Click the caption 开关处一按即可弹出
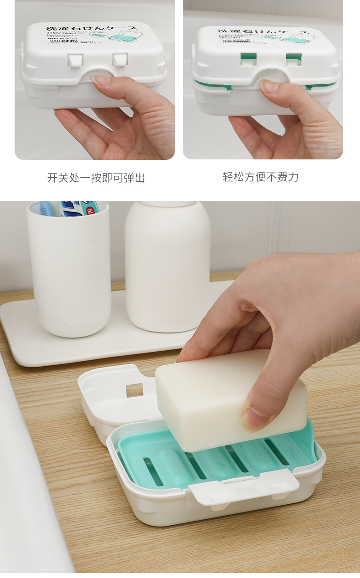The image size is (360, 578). click(x=96, y=178)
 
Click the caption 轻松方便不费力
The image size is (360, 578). click(x=261, y=177)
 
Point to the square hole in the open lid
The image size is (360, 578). click(x=134, y=390)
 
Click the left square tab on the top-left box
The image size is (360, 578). click(x=75, y=60)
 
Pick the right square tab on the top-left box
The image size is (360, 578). click(x=120, y=59)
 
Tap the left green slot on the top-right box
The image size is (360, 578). click(x=248, y=58)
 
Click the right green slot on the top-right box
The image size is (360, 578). click(x=294, y=58)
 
